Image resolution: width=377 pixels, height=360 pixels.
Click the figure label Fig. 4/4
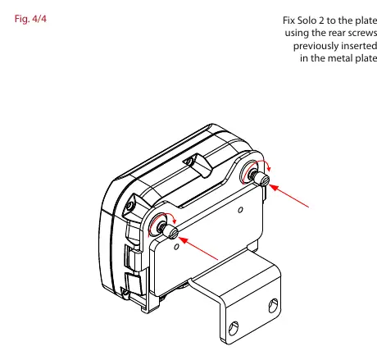[x=30, y=19]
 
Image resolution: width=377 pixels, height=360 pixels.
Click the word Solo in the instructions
[x=306, y=21]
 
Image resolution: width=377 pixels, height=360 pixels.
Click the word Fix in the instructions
[x=288, y=21]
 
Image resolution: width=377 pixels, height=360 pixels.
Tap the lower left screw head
[x=171, y=232]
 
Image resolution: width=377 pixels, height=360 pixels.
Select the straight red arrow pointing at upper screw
[x=289, y=196]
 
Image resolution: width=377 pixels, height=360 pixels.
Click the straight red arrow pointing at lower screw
[x=198, y=248]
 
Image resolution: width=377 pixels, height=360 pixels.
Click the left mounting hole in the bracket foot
[x=233, y=327]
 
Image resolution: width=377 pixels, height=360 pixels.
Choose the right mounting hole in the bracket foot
[x=273, y=305]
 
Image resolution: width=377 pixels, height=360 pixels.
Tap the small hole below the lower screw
[x=176, y=247]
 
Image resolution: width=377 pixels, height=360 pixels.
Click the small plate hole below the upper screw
[x=240, y=210]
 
